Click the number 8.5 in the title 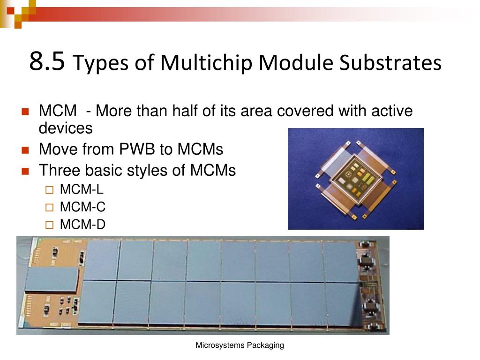click(x=46, y=62)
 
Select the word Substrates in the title click(x=390, y=63)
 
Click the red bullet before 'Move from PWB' click(x=26, y=150)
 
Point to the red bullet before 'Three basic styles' click(x=26, y=171)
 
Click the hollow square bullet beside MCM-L click(x=50, y=190)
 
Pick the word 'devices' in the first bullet click(x=66, y=128)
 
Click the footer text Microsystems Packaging click(x=240, y=345)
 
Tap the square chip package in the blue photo click(x=356, y=180)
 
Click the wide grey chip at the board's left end click(x=51, y=279)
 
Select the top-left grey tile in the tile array click(x=102, y=260)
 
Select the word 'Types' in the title click(x=102, y=63)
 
